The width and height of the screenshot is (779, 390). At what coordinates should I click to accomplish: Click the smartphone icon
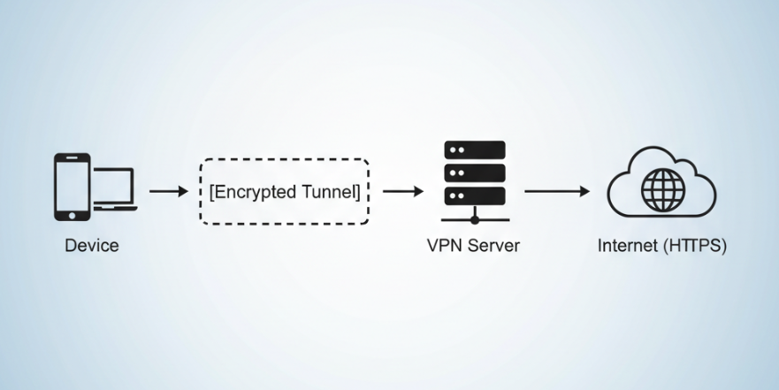tap(72, 187)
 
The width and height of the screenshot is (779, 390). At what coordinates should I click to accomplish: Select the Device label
tap(91, 246)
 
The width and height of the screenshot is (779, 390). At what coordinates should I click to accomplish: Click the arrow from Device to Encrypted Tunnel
tap(169, 191)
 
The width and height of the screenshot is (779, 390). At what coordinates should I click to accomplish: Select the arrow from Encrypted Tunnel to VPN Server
tap(402, 191)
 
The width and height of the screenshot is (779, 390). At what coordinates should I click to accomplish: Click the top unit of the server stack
tap(474, 149)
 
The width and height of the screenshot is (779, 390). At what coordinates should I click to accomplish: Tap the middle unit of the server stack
tap(474, 172)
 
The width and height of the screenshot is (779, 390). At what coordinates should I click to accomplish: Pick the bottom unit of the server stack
tap(474, 195)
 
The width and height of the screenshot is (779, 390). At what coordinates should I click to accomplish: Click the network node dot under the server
tap(475, 219)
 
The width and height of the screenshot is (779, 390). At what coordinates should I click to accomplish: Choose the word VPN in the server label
tap(445, 246)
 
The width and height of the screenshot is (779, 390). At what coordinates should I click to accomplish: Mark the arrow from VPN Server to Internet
tap(556, 191)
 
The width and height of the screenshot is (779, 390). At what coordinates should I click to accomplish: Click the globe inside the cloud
tap(663, 188)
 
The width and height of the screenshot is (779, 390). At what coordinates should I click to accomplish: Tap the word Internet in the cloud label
tap(626, 246)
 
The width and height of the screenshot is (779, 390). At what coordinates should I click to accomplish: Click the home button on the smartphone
tap(72, 214)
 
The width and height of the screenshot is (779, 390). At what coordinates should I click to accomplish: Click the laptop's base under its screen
tap(115, 208)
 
